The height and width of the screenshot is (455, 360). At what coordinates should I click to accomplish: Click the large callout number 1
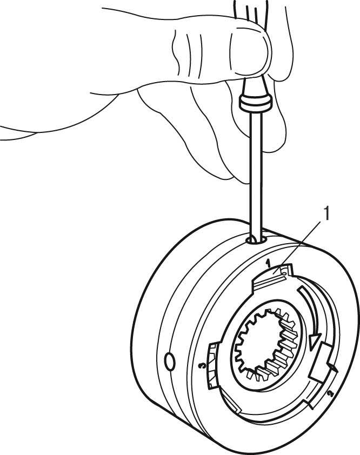coord(326,213)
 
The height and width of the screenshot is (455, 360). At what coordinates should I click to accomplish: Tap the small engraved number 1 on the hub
coord(268,264)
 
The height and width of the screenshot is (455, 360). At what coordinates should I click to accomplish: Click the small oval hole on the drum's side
coord(170,362)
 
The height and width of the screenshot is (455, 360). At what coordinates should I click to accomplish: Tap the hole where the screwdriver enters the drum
coord(256,240)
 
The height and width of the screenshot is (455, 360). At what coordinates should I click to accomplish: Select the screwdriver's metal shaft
coord(256,174)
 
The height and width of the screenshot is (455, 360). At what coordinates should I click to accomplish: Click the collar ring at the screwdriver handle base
coord(255,103)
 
